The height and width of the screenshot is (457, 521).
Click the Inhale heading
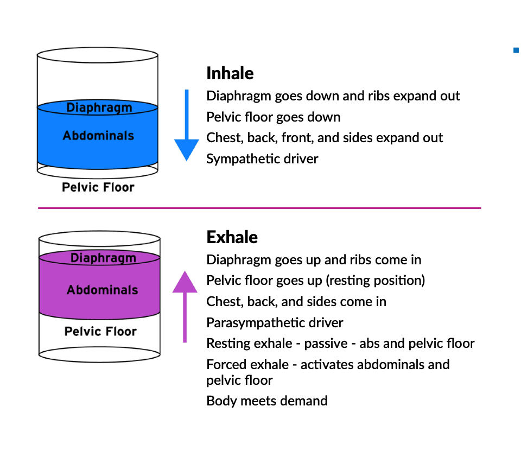pyautogui.click(x=230, y=73)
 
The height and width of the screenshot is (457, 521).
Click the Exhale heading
pyautogui.click(x=232, y=237)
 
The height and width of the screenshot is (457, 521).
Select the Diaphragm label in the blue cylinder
pyautogui.click(x=99, y=107)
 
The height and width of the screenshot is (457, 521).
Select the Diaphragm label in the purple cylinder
pyautogui.click(x=103, y=258)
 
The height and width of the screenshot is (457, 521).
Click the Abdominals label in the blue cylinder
pyautogui.click(x=98, y=135)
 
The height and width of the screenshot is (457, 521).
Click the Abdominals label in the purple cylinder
pyautogui.click(x=102, y=290)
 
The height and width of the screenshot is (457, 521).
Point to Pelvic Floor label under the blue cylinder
pyautogui.click(x=98, y=188)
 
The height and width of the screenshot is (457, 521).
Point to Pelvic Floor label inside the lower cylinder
pyautogui.click(x=100, y=331)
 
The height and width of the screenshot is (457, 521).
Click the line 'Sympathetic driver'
pyautogui.click(x=262, y=158)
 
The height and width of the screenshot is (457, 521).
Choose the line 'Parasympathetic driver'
pyautogui.click(x=275, y=322)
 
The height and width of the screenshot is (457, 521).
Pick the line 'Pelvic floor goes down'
pyautogui.click(x=274, y=117)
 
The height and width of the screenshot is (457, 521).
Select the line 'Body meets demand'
pyautogui.click(x=266, y=401)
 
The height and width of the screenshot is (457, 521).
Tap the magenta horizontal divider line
pyautogui.click(x=259, y=208)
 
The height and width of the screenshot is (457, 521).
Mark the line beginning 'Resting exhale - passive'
pyautogui.click(x=340, y=344)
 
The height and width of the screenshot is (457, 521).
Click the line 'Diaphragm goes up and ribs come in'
pyautogui.click(x=314, y=259)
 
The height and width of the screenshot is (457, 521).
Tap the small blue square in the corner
pyautogui.click(x=516, y=51)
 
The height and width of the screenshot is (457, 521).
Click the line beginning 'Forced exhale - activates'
pyautogui.click(x=328, y=365)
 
